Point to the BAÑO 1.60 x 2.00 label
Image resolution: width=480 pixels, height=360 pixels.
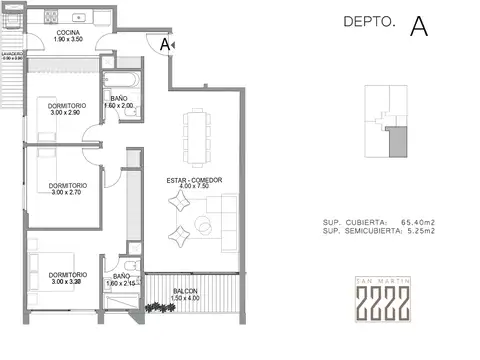point(119,102)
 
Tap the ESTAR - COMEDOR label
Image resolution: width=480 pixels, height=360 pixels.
point(193,183)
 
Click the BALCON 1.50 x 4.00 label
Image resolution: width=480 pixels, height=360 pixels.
point(184,294)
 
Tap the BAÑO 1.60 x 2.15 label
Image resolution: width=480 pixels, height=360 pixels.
point(121,279)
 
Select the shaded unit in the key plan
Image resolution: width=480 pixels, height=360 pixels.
point(398,145)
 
